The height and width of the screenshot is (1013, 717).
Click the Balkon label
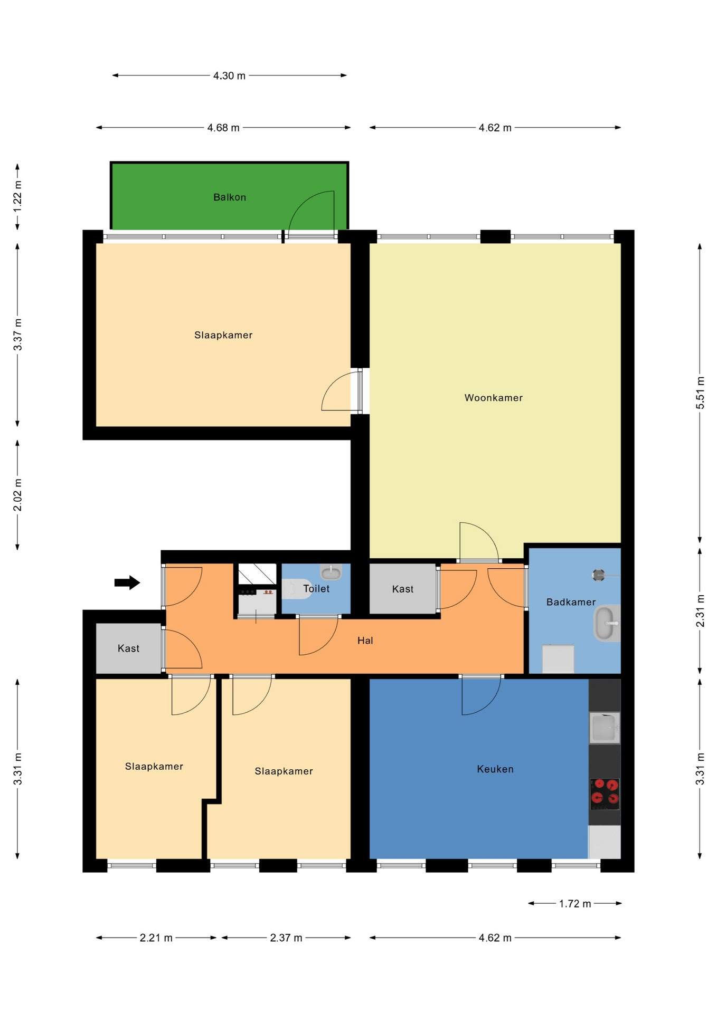pos(230,197)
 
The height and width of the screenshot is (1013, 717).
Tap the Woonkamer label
pos(494,398)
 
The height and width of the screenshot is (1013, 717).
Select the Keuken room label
pos(495,769)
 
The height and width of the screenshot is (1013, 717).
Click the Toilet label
pos(316,589)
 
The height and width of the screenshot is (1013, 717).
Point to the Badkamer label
pos(571,602)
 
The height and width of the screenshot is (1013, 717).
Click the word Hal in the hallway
pos(365,641)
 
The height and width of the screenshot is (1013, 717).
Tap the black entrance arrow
pos(127,582)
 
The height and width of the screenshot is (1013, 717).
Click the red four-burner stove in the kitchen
pos(605,794)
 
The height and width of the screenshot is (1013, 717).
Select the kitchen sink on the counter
pos(605,728)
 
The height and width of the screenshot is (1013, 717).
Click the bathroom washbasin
pos(607,623)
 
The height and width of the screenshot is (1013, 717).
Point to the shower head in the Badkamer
pos(598,575)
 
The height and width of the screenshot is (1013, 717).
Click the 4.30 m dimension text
pos(230,76)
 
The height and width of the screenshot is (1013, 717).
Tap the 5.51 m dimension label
pos(701,393)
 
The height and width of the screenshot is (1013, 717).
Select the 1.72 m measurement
pos(575,904)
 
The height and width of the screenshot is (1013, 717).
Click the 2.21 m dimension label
pos(156,938)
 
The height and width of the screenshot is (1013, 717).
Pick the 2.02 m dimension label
pos(18,495)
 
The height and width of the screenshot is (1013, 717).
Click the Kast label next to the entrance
pos(129,648)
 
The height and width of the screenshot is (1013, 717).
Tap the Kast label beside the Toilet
pos(403,589)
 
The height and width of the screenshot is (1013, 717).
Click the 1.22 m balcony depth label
pos(18,196)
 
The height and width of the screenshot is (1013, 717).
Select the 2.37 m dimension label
pos(286,938)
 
